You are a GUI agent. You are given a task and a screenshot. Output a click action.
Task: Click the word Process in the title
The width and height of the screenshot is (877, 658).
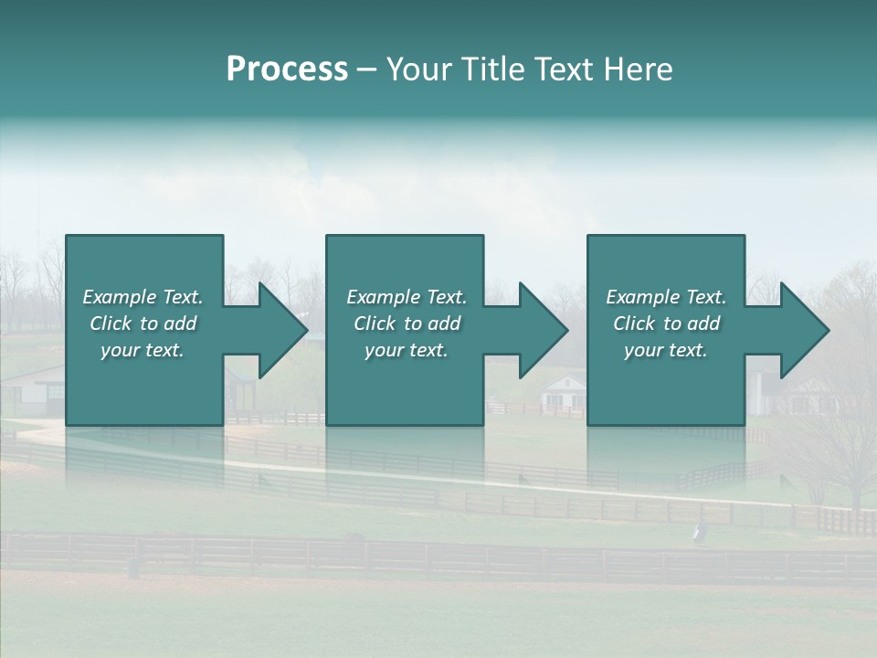pos(286,69)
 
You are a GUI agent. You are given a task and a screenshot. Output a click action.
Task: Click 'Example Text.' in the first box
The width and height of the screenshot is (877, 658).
pos(143,297)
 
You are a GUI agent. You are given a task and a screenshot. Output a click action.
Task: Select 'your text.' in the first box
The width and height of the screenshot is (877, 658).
pos(143,350)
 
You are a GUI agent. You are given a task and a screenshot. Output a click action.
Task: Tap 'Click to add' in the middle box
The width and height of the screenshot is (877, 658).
pos(407,324)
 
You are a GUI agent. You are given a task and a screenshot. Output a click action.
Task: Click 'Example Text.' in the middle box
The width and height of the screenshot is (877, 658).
pos(407,297)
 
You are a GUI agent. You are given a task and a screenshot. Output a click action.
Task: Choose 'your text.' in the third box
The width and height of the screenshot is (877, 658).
pos(666,350)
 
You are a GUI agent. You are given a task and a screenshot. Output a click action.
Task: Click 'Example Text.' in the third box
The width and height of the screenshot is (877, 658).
pos(666,297)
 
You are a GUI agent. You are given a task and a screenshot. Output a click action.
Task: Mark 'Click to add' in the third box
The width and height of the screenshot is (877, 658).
pos(666,324)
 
